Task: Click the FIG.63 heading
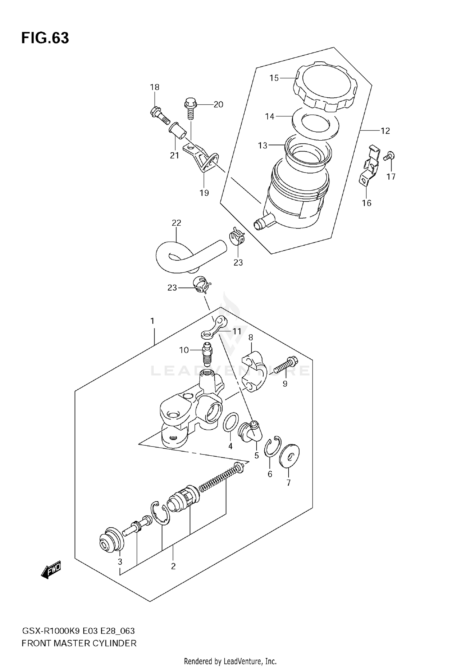tap(45, 38)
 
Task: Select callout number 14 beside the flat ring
tap(270, 116)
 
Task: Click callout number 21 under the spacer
tap(174, 155)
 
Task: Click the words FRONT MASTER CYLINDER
tap(79, 643)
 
